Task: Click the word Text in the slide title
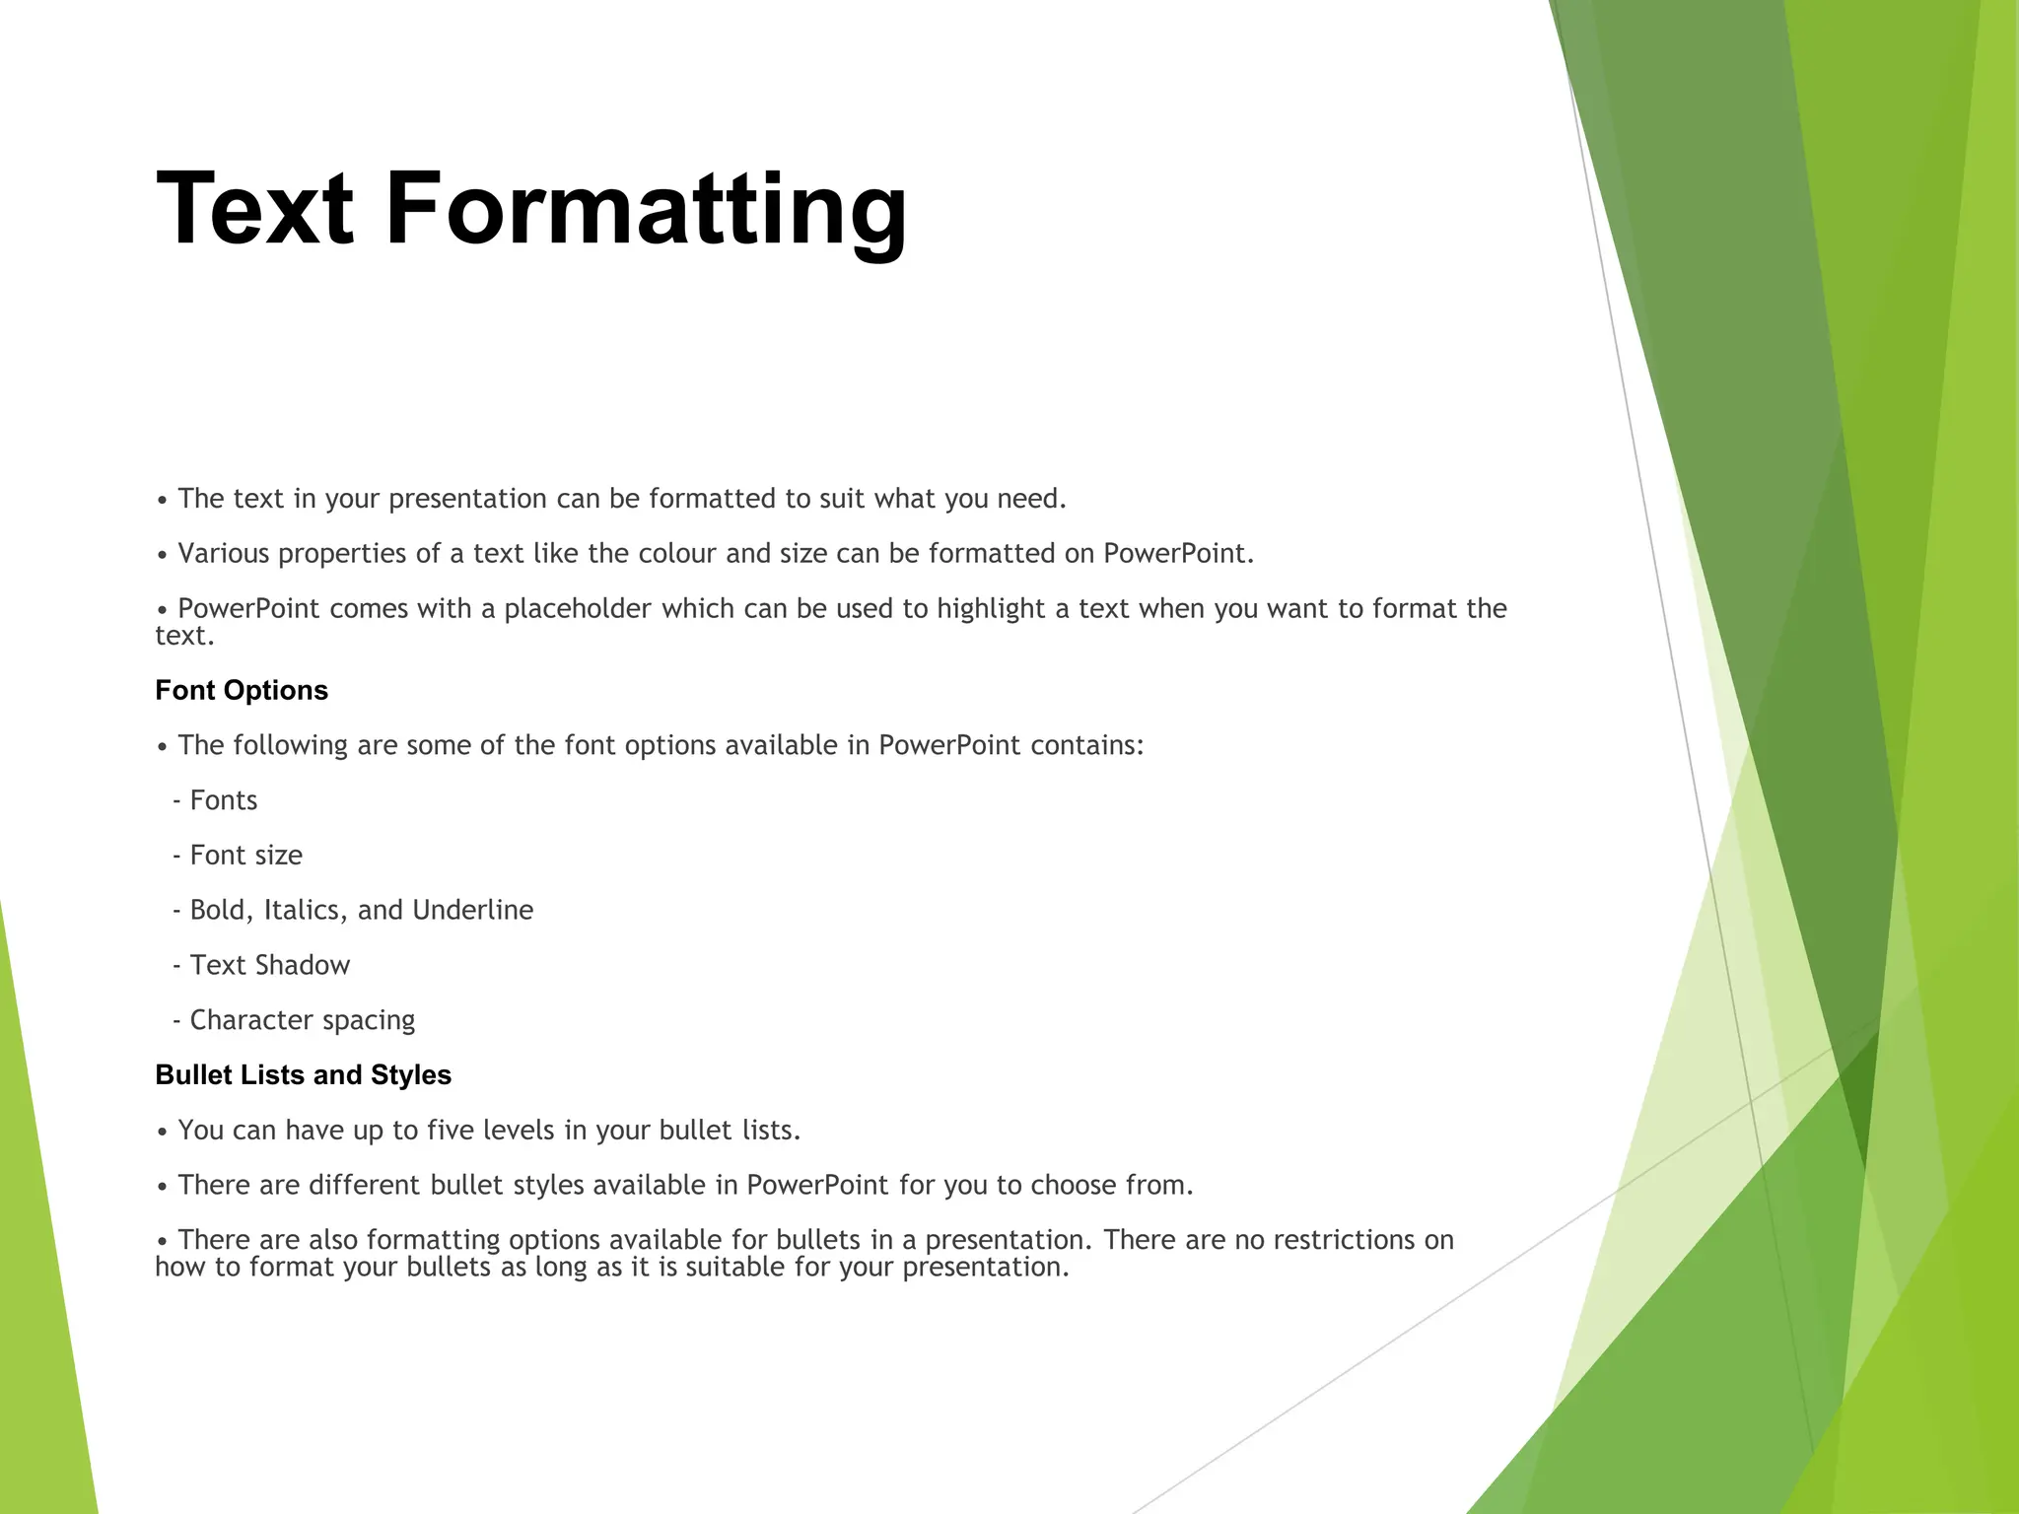click(x=254, y=209)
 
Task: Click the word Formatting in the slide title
click(x=646, y=209)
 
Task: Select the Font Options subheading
click(x=242, y=690)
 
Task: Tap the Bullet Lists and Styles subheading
click(x=303, y=1074)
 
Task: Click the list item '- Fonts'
click(x=215, y=800)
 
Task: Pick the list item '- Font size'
click(x=238, y=856)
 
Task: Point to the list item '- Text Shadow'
click(x=261, y=965)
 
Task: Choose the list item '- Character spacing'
click(x=294, y=1020)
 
